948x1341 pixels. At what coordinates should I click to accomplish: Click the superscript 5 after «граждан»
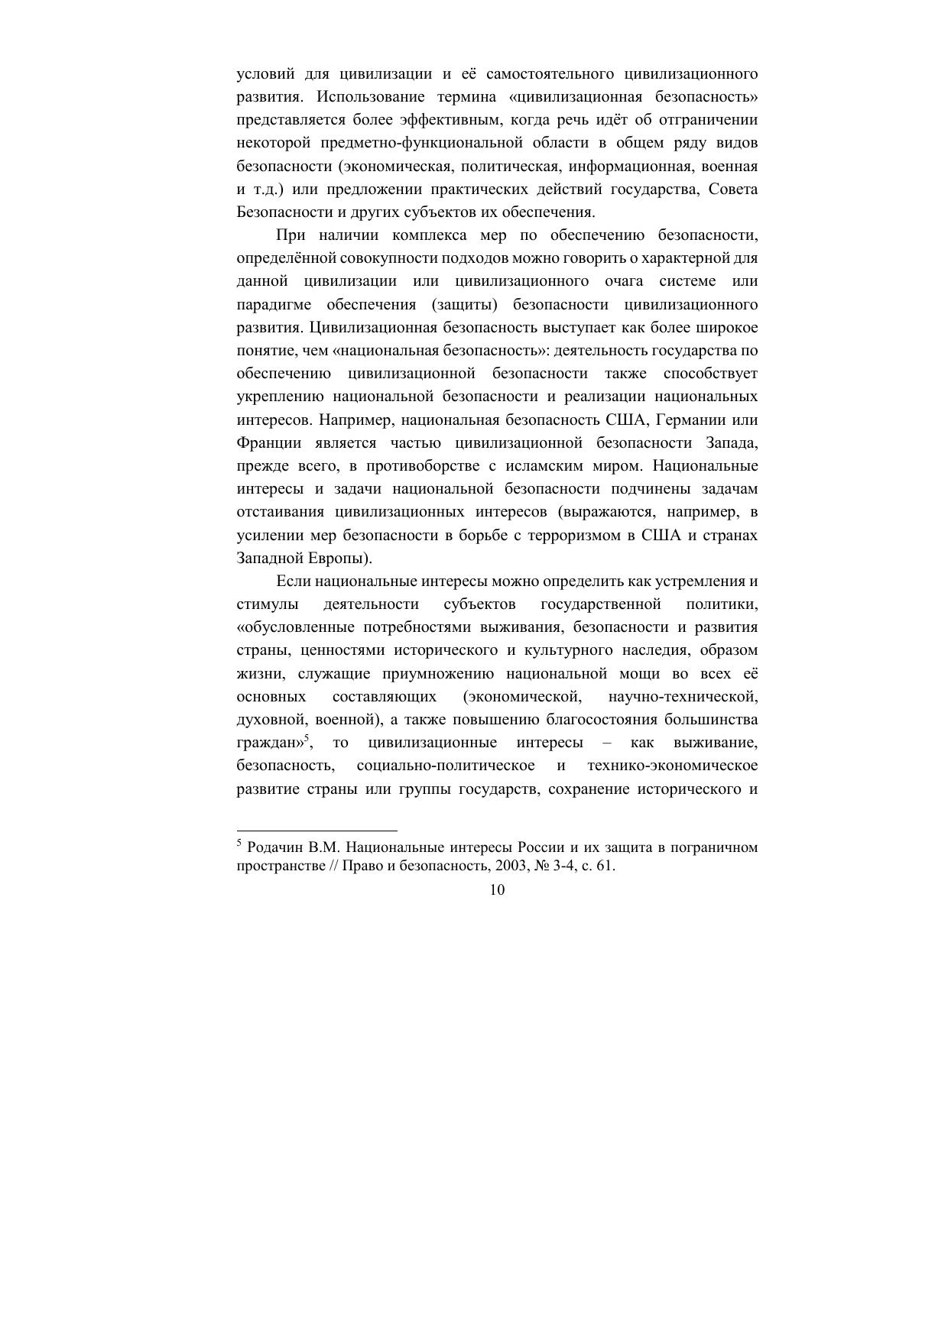(x=306, y=738)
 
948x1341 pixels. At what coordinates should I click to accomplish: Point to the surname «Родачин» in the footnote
(x=275, y=847)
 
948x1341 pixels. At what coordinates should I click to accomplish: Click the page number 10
(x=497, y=890)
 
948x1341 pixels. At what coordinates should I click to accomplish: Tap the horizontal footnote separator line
(x=317, y=830)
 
